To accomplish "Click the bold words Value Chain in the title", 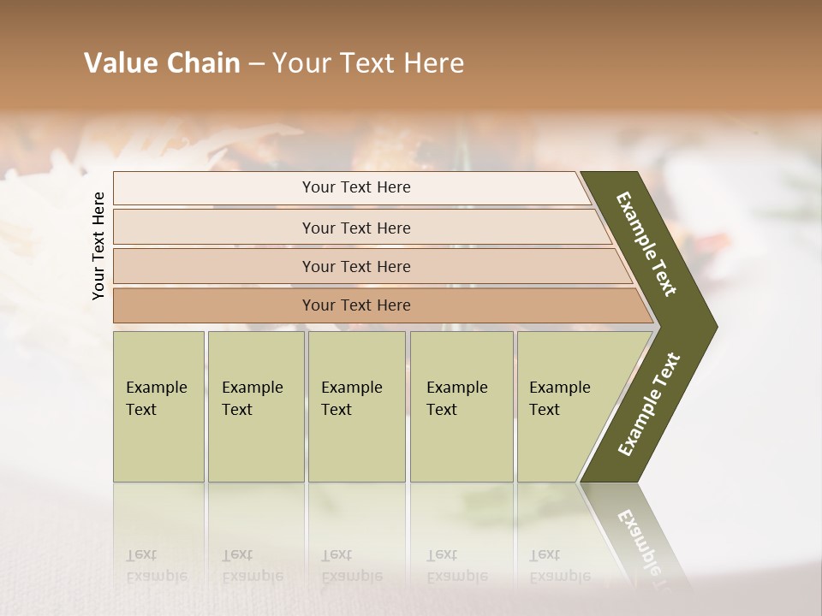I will (x=162, y=63).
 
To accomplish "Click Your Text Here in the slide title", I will (x=368, y=63).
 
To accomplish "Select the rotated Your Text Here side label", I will (x=98, y=246).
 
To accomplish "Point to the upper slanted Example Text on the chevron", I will (x=646, y=244).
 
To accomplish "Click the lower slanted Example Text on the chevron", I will (x=648, y=405).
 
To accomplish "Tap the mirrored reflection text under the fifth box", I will (x=560, y=566).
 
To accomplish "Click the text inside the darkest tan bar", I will (x=356, y=305).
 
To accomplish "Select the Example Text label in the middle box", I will (x=351, y=398).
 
